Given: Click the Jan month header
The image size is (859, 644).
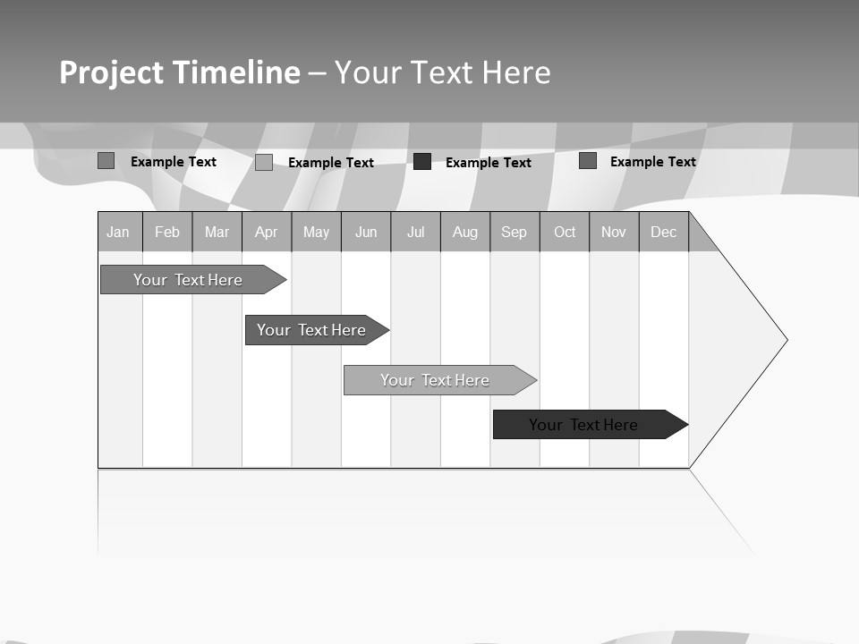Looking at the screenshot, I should click(119, 232).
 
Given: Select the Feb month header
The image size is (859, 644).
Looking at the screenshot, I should click(167, 232).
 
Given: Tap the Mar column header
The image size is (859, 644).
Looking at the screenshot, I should click(217, 232).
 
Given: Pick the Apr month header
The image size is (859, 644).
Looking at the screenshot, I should click(267, 232).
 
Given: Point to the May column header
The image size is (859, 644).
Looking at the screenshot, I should click(316, 232).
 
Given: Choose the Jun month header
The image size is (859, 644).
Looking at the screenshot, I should click(366, 232).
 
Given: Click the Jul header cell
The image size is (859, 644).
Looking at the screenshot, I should click(415, 232).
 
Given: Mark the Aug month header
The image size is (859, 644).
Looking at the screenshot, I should click(465, 232).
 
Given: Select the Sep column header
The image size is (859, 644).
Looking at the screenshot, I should click(515, 232).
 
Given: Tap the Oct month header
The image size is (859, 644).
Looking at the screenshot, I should click(565, 232).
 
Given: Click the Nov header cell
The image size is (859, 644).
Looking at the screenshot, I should click(614, 232).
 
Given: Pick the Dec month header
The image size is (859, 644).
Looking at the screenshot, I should click(664, 232).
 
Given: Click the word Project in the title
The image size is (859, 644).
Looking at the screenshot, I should click(111, 72).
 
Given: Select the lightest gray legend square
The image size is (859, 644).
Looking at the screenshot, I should click(264, 162).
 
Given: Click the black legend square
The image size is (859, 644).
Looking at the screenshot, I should click(422, 162).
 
